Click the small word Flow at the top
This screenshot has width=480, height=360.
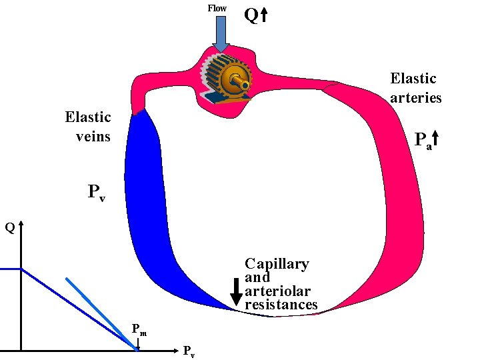click(217, 8)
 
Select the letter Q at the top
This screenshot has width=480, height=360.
click(251, 15)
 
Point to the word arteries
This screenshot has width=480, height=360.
click(416, 97)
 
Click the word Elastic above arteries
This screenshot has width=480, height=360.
click(413, 79)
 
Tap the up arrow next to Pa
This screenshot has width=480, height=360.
click(435, 139)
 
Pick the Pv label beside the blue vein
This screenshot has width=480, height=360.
click(96, 193)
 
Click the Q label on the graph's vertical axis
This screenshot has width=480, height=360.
click(9, 228)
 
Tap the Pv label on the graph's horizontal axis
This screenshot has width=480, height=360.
click(189, 351)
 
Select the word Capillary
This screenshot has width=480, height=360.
click(277, 264)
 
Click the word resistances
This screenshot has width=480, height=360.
click(281, 305)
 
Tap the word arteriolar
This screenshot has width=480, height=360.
click(277, 291)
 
